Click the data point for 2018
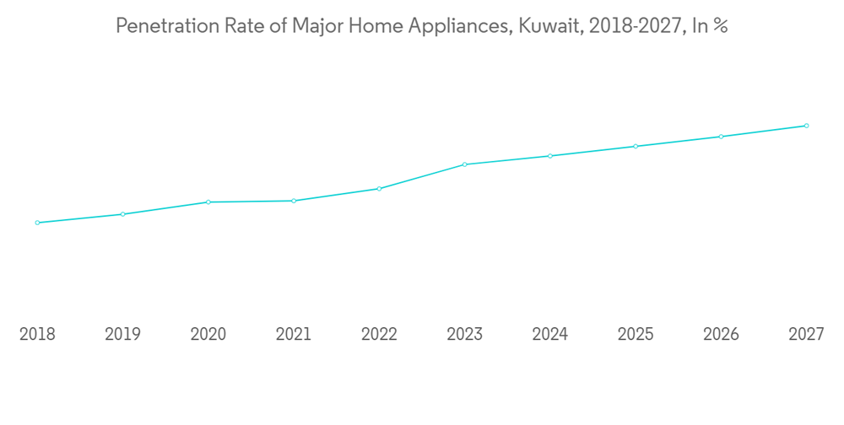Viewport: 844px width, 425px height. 37,223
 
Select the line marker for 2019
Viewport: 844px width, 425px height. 122,214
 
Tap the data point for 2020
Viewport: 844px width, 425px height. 208,202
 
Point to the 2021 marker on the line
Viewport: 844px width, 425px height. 294,201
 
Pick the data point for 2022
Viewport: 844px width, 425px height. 379,189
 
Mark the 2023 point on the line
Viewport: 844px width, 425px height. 464,164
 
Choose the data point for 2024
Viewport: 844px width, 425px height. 550,156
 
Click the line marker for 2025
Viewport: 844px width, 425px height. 636,146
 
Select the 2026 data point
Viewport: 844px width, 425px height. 721,137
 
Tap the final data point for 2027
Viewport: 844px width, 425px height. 806,126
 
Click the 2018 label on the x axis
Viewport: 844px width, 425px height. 37,335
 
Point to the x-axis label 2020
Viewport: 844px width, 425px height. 208,335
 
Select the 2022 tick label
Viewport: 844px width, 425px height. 379,335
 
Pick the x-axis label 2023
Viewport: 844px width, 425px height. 464,335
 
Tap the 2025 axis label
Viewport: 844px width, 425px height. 636,335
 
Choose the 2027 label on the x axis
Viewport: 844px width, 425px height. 806,335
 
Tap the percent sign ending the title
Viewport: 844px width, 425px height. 720,26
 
